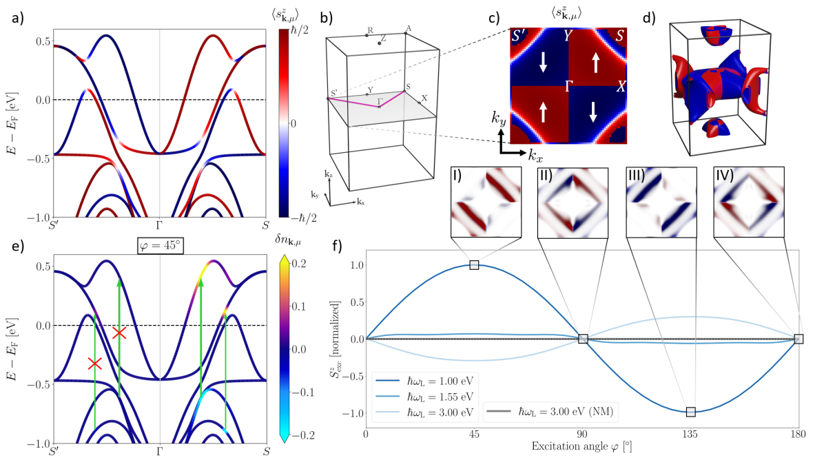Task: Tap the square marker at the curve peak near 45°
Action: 474,265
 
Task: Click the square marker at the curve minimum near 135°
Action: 690,412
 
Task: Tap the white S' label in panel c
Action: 522,36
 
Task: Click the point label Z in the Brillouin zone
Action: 383,39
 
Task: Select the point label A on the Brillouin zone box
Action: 409,28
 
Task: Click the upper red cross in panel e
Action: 120,333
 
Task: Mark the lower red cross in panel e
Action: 95,363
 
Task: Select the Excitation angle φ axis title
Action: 581,447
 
